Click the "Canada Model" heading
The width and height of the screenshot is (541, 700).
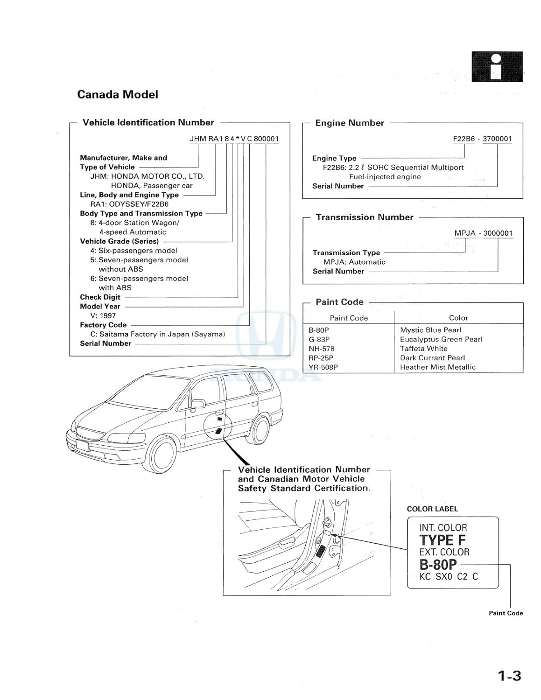(118, 95)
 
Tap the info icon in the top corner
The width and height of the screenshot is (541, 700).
(497, 67)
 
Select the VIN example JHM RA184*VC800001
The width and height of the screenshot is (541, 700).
(234, 139)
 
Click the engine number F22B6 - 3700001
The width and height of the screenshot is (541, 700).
(482, 139)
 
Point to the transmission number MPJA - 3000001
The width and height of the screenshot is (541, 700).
(484, 233)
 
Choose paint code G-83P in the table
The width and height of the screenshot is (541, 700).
(319, 339)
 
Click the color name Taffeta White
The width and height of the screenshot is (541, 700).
(423, 349)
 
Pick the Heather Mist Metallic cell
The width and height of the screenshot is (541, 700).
(437, 367)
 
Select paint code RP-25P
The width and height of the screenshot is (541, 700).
(321, 358)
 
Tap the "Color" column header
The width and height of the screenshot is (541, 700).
(458, 318)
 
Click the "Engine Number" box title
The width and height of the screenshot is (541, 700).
(350, 123)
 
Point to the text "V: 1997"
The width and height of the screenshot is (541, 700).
(103, 315)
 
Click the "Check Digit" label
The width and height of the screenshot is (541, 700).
(100, 297)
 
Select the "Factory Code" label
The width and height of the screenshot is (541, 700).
(103, 325)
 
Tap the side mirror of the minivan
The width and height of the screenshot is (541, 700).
(198, 403)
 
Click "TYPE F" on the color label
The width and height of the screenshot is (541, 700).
(442, 540)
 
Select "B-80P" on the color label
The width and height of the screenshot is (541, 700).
(438, 564)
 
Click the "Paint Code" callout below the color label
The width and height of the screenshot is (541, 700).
(506, 613)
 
